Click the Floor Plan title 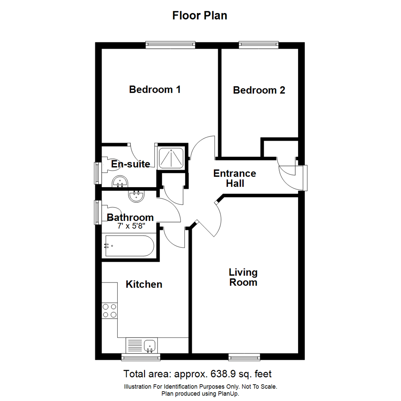tap(200, 16)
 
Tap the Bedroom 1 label tap(155, 89)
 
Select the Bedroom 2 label tap(259, 90)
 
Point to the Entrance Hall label tap(234, 178)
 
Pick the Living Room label tap(243, 277)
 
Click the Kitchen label tap(144, 284)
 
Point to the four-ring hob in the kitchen tap(110, 311)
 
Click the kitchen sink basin tap(150, 345)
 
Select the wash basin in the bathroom tap(136, 196)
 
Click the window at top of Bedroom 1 tap(170, 45)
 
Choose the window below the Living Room tap(244, 357)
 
